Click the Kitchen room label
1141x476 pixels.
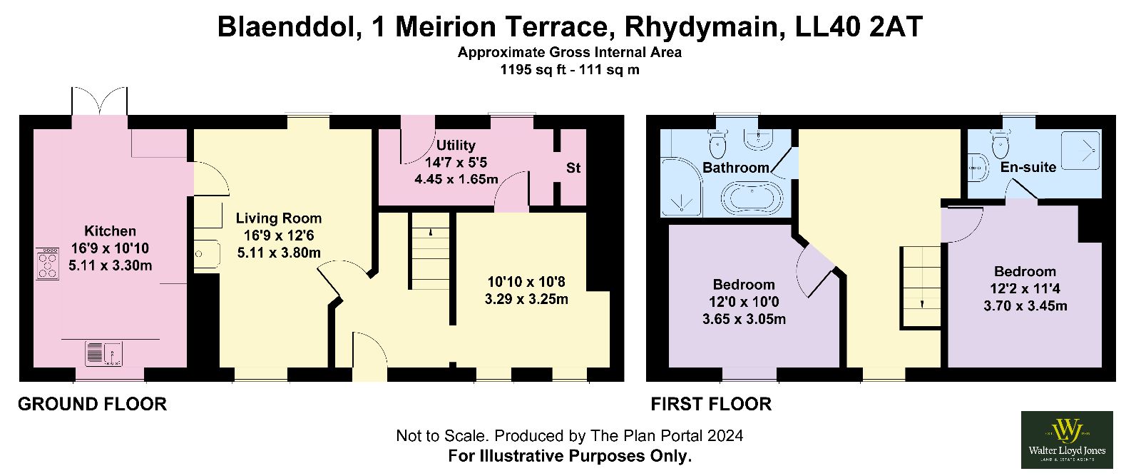click(110, 231)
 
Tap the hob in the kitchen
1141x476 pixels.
click(47, 263)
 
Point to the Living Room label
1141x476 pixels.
click(279, 218)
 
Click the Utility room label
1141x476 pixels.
click(456, 146)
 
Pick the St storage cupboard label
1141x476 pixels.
click(573, 168)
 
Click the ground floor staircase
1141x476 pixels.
click(431, 251)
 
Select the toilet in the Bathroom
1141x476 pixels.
click(717, 143)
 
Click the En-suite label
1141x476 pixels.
click(1028, 167)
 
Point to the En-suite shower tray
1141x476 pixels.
click(1080, 150)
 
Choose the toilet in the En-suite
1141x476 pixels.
click(1001, 143)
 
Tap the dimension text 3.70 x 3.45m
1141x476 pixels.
click(1025, 305)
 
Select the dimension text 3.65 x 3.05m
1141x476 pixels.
click(744, 319)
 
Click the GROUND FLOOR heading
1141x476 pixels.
click(92, 404)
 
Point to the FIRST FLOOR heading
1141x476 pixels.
click(711, 404)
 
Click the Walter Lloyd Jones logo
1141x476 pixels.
click(1067, 440)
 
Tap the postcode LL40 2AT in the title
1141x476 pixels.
click(859, 26)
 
